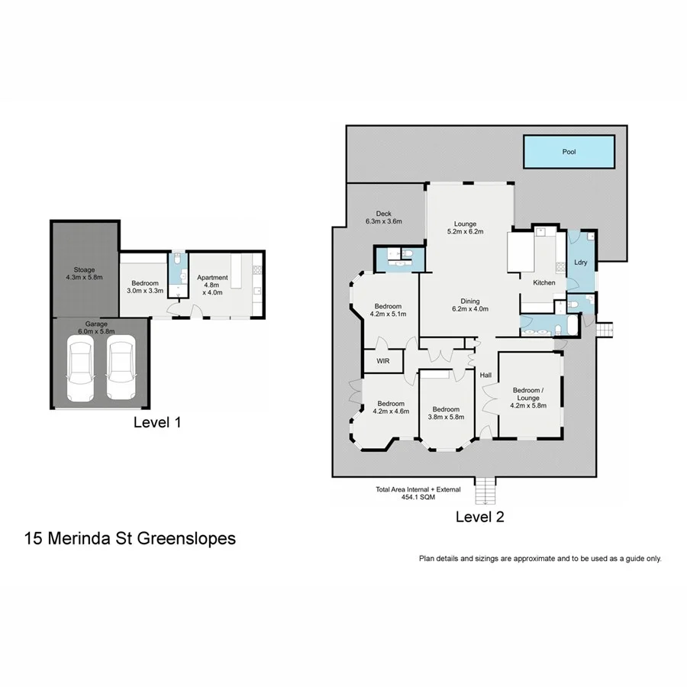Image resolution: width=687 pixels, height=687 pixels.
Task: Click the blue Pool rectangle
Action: pyautogui.click(x=569, y=152)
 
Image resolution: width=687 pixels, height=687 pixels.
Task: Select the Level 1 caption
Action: pyautogui.click(x=157, y=421)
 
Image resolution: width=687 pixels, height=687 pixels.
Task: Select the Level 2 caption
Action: pyautogui.click(x=479, y=517)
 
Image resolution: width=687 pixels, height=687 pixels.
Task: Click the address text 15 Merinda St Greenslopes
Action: pyautogui.click(x=130, y=538)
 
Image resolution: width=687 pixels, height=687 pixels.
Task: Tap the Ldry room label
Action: pyautogui.click(x=579, y=263)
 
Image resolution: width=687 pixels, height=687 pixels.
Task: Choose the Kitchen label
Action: pyautogui.click(x=544, y=283)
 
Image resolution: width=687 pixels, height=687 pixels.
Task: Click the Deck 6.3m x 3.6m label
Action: pyautogui.click(x=383, y=218)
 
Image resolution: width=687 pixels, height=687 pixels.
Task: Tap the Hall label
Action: pyautogui.click(x=485, y=375)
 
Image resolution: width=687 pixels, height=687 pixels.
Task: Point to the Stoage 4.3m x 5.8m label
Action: pyautogui.click(x=84, y=273)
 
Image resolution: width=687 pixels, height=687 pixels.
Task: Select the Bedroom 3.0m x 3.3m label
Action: pyautogui.click(x=144, y=285)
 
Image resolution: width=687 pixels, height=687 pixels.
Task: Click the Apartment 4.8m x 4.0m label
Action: pyautogui.click(x=212, y=284)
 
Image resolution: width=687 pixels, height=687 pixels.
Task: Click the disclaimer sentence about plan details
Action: pyautogui.click(x=540, y=559)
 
